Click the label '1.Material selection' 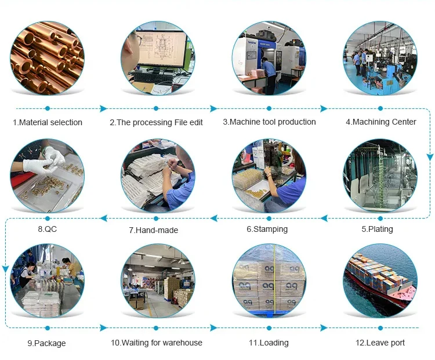(48, 122)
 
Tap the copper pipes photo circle (47, 59)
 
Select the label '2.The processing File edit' (156, 122)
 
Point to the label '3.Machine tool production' (270, 122)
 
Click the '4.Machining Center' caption (381, 122)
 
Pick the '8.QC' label (47, 229)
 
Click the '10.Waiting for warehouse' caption (157, 343)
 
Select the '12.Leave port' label (380, 343)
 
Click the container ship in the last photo (380, 278)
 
